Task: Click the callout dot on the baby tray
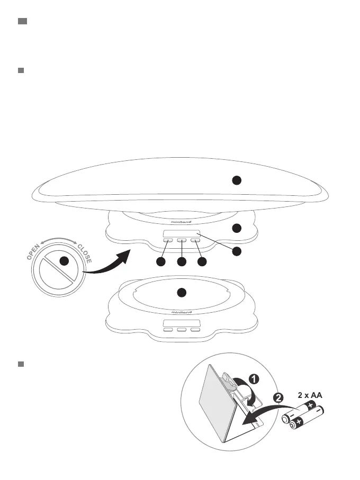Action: click(237, 180)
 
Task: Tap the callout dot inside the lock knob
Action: click(64, 261)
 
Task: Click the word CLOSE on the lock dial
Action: click(85, 253)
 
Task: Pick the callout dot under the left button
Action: click(163, 262)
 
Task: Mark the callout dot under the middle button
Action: click(182, 262)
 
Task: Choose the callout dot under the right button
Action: click(201, 262)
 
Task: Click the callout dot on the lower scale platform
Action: click(181, 292)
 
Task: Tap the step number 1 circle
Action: click(254, 379)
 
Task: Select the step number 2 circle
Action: click(279, 397)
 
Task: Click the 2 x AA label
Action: click(310, 395)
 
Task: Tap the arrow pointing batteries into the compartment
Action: click(259, 413)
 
